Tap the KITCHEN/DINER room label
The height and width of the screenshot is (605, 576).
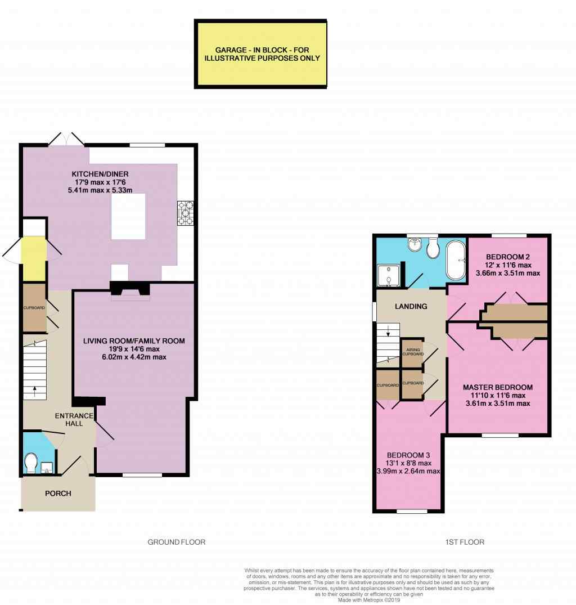(x=100, y=174)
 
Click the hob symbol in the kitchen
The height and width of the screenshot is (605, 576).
(x=185, y=213)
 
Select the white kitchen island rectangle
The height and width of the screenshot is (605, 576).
(x=128, y=217)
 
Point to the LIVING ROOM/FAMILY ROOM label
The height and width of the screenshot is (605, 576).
(x=134, y=340)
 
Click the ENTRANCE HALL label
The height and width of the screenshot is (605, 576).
(x=74, y=419)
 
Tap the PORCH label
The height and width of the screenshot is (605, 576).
(x=58, y=493)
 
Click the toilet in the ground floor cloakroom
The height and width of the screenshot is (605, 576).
(x=30, y=463)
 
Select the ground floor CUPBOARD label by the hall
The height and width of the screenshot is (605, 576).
(x=34, y=308)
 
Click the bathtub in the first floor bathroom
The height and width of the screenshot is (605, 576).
(x=456, y=261)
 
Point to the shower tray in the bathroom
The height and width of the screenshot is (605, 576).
(x=388, y=276)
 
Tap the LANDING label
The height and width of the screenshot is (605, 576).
(x=411, y=306)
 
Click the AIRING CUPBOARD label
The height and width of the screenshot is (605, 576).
(x=413, y=352)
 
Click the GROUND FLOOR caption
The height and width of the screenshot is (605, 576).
(x=177, y=542)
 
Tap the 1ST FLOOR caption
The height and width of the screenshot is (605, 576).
(x=465, y=542)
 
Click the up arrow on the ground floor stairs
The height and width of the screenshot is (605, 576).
(x=35, y=391)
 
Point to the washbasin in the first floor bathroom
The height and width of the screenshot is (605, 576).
(x=415, y=245)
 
